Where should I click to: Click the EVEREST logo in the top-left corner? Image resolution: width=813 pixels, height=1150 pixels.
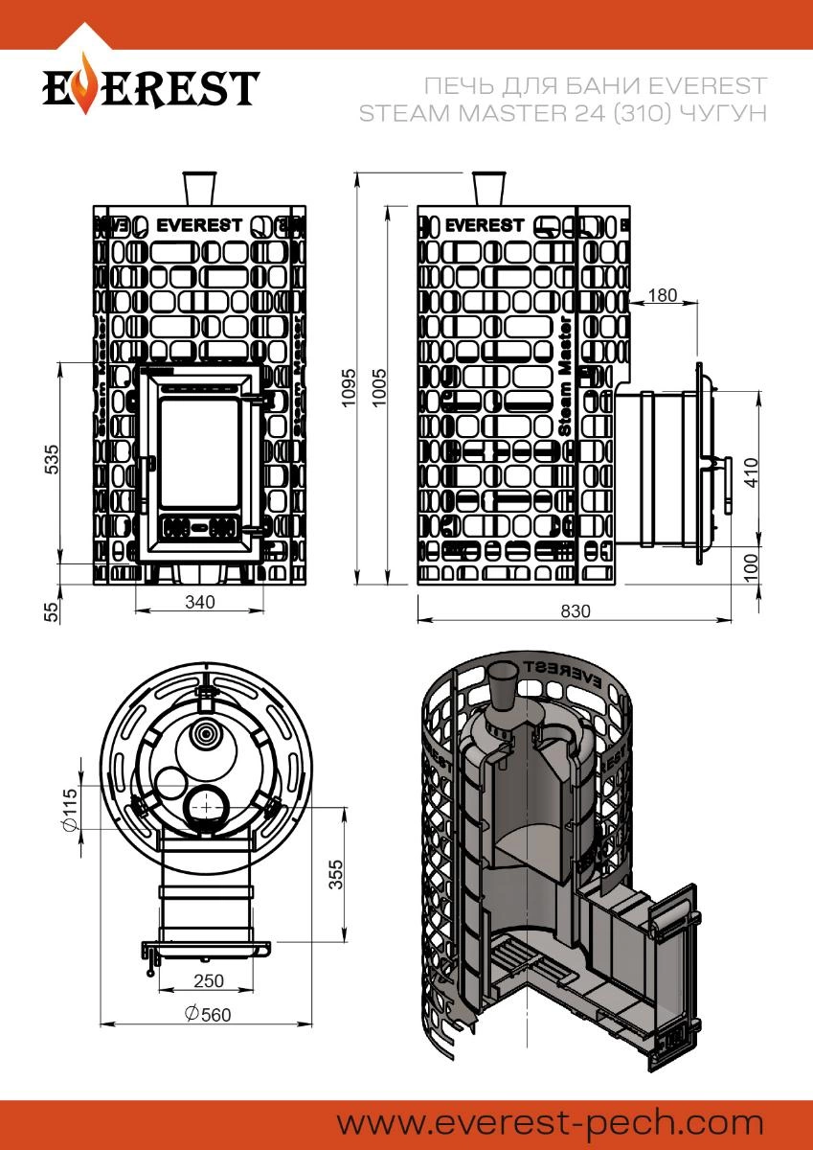pyautogui.click(x=150, y=87)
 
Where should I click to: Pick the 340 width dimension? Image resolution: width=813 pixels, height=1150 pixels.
pyautogui.click(x=199, y=601)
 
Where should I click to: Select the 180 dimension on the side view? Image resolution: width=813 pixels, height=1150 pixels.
pyautogui.click(x=662, y=294)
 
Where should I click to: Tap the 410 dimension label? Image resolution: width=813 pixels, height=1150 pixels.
pyautogui.click(x=751, y=471)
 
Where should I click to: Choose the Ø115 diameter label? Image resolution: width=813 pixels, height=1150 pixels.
pyautogui.click(x=68, y=810)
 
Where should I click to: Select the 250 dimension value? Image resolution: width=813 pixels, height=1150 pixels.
pyautogui.click(x=209, y=980)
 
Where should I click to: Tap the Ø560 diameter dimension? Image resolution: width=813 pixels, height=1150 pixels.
pyautogui.click(x=209, y=1015)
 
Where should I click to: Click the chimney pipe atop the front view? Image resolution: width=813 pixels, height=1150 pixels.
pyautogui.click(x=199, y=186)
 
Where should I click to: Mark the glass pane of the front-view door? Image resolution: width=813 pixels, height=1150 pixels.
pyautogui.click(x=199, y=452)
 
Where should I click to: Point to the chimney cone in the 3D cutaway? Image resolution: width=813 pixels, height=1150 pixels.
pyautogui.click(x=503, y=684)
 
